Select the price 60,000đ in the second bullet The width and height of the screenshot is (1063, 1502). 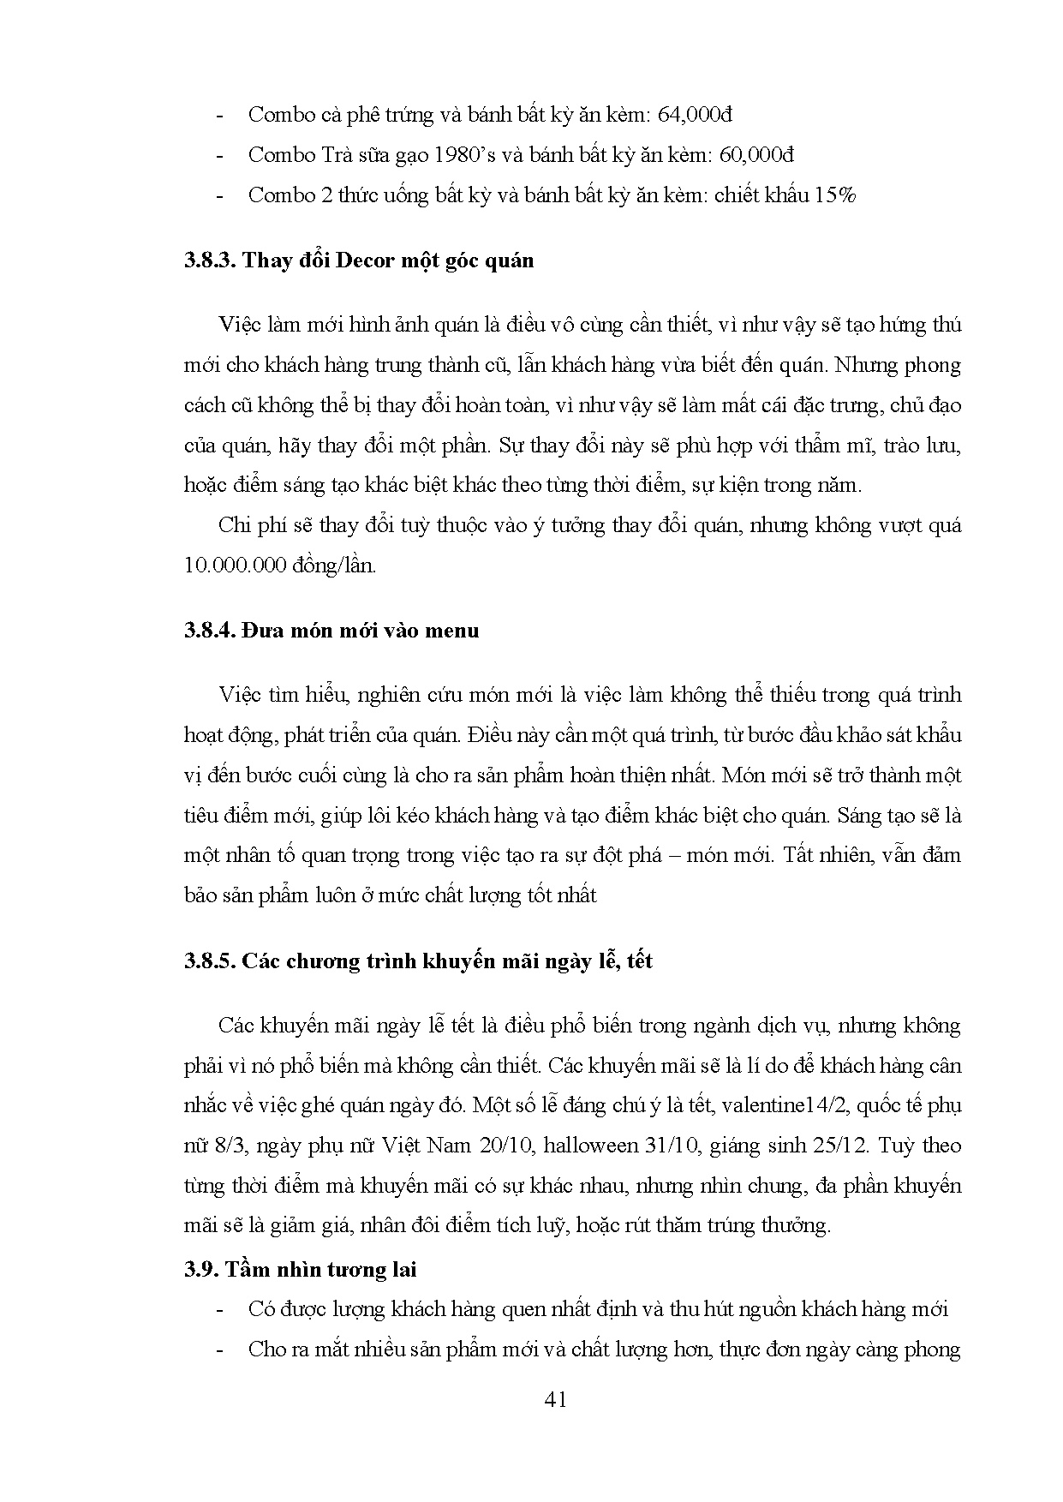pos(756,155)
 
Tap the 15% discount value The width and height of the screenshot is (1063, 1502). pos(835,195)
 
